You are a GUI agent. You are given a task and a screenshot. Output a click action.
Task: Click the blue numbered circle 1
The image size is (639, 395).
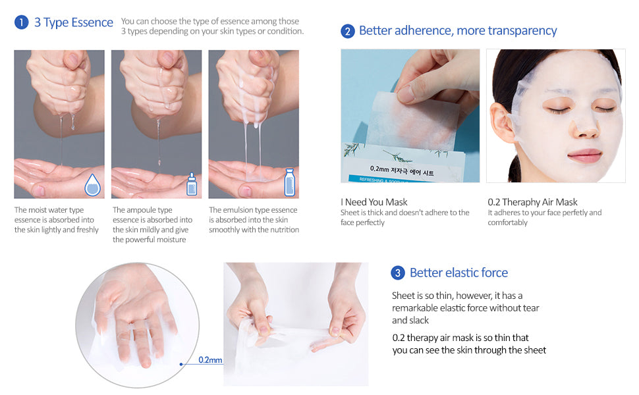tap(22, 22)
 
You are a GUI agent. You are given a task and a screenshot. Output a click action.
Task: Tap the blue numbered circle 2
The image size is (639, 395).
tap(348, 32)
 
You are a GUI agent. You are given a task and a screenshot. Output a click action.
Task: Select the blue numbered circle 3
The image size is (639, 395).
tap(398, 273)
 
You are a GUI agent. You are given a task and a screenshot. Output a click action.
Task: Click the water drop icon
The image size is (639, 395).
tap(92, 185)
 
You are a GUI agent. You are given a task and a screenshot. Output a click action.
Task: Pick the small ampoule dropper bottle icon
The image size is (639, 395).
tap(192, 184)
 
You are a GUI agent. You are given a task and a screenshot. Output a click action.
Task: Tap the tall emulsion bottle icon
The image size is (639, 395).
tap(289, 182)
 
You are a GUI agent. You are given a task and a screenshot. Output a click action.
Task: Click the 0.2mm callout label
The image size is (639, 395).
tap(210, 360)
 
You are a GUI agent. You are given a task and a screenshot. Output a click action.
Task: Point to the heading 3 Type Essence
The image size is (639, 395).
tap(74, 22)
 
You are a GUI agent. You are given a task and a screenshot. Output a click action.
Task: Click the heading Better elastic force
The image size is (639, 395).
tap(459, 273)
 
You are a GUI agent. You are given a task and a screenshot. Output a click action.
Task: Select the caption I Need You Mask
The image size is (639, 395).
tap(374, 202)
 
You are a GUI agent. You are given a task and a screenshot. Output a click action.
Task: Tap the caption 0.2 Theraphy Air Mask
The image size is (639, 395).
tap(533, 202)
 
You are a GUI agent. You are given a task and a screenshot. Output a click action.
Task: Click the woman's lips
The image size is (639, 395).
tap(585, 155)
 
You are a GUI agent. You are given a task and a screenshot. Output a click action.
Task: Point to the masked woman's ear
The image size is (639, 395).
tap(502, 122)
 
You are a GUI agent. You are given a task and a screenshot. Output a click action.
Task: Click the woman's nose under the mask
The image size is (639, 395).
tap(585, 128)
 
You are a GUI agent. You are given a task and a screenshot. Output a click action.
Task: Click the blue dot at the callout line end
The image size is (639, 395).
tap(181, 364)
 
